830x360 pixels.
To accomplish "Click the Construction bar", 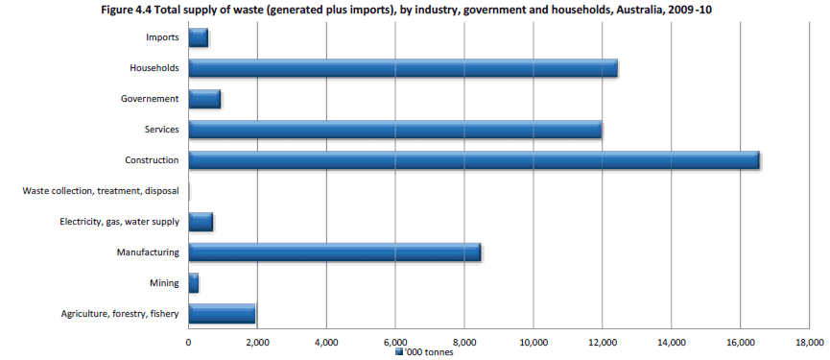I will tap(474, 160).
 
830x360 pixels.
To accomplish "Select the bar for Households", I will tap(403, 68).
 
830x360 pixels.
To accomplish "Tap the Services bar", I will tap(395, 130).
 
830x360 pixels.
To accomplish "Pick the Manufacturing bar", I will tap(335, 252).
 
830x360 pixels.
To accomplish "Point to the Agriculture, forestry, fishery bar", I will tap(222, 314).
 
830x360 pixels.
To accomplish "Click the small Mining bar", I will tap(194, 283).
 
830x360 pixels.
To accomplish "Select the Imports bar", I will tap(199, 37).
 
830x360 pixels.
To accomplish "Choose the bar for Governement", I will tap(204, 99).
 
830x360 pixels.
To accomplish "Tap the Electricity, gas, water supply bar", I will tap(201, 222).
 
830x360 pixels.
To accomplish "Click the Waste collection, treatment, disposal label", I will tap(101, 191).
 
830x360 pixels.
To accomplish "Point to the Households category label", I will tap(154, 68).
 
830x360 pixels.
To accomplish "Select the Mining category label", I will tap(163, 283).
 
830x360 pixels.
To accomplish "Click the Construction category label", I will tap(152, 160).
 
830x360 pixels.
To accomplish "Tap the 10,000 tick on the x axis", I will tap(533, 342).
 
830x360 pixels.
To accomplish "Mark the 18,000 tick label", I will tap(809, 342).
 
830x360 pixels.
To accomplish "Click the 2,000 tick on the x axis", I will tap(257, 342).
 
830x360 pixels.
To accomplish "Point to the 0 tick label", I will tap(188, 342).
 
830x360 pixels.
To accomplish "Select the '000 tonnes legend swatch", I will tap(399, 352).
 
